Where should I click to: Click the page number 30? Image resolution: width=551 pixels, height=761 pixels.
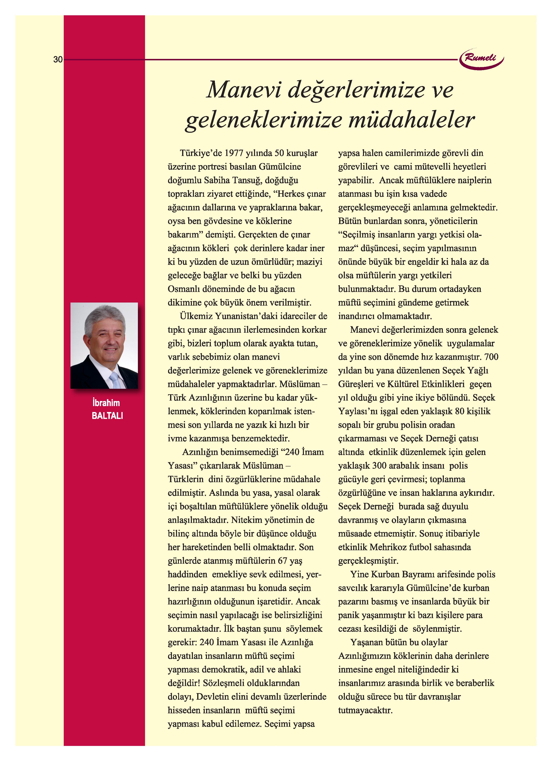click(58, 60)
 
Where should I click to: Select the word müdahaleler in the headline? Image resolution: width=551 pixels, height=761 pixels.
click(411, 120)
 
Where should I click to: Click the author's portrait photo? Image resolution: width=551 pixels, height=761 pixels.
click(104, 345)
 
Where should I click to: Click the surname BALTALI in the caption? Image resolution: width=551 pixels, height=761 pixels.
click(107, 416)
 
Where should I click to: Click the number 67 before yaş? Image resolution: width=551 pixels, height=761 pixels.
click(282, 561)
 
